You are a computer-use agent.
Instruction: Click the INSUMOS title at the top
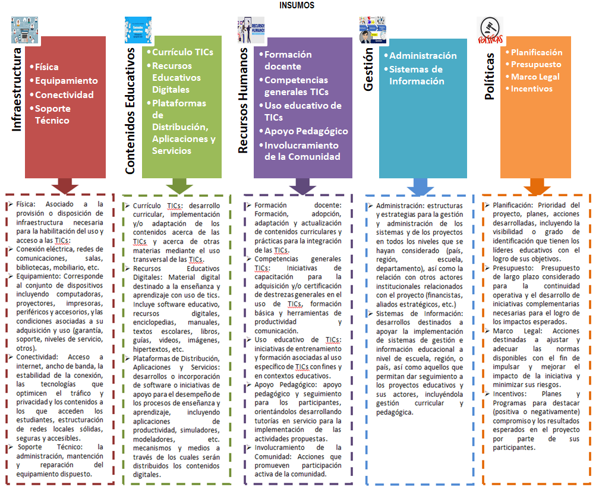297,5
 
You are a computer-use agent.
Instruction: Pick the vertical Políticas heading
489,75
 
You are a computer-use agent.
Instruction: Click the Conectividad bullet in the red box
64,94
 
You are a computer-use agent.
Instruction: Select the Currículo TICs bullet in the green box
182,52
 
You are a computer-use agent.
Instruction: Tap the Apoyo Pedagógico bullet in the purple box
306,131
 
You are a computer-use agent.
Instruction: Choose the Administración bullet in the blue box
423,55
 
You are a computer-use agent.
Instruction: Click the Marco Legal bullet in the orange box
535,77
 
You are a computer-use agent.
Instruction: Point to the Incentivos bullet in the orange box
532,89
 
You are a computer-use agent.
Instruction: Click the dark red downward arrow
65,185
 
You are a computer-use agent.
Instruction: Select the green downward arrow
178,185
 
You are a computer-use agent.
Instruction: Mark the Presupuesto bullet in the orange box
536,64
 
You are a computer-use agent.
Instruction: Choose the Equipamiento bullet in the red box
66,81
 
